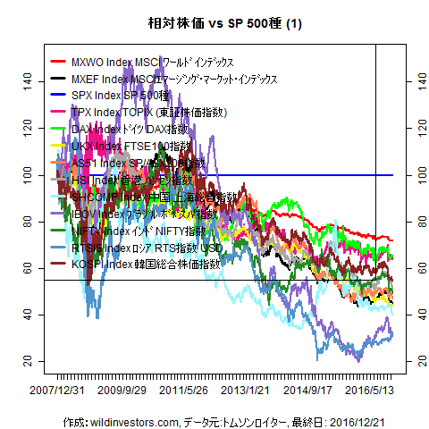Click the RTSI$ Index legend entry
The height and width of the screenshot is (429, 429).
coord(143,248)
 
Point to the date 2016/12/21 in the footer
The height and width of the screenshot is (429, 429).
coord(357,420)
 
